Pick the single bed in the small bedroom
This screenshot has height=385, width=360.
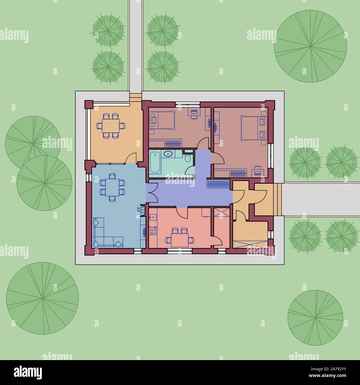coord(163,120)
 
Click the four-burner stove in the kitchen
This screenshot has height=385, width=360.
coord(153,231)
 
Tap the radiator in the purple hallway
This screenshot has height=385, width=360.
coord(218,184)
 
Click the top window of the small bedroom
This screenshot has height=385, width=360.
coord(188,104)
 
